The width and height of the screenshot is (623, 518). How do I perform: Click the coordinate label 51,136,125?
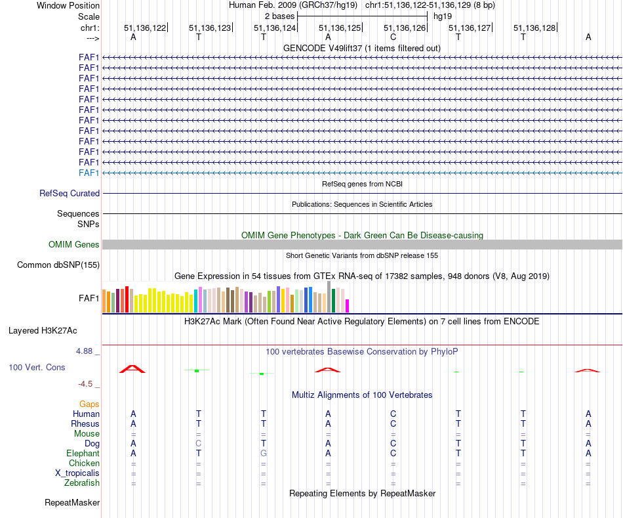[x=340, y=28]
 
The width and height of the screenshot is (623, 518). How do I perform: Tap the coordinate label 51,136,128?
[x=534, y=28]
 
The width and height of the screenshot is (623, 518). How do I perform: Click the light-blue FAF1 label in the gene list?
[x=89, y=173]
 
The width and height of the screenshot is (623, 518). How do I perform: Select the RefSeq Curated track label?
[x=70, y=194]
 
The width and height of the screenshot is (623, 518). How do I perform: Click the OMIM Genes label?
[x=74, y=244]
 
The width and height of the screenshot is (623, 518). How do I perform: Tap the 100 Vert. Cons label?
[x=37, y=368]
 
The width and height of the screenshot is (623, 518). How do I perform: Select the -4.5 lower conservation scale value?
[x=87, y=384]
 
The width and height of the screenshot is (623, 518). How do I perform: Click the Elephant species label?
[x=83, y=454]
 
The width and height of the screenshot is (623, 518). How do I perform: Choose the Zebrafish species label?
[x=82, y=483]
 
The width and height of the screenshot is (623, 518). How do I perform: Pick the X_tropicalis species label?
[x=77, y=473]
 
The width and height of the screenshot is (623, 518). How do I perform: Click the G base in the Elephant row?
[x=264, y=454]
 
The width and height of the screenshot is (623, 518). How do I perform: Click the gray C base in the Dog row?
[x=198, y=444]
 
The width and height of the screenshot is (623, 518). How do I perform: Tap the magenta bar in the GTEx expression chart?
[x=348, y=305]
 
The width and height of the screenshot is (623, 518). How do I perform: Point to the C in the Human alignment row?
[x=393, y=414]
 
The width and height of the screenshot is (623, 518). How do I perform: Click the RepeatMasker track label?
[x=72, y=503]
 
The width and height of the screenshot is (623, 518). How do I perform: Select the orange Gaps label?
[x=89, y=404]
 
